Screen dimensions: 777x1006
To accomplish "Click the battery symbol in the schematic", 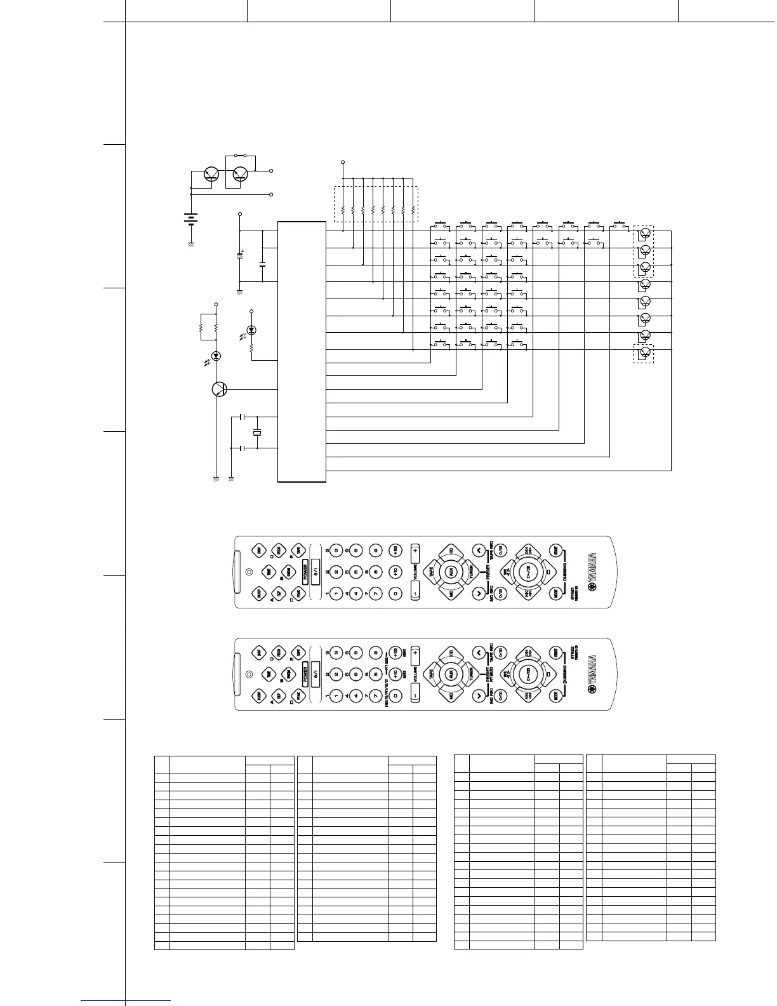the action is (x=190, y=219).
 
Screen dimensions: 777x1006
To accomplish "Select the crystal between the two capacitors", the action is (x=256, y=433).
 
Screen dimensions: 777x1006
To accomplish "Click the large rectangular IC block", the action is (x=302, y=351).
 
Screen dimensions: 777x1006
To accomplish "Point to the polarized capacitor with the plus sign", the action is (x=240, y=255).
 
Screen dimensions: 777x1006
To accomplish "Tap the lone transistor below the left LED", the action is (x=220, y=389).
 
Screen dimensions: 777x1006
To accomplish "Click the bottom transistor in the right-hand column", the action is (x=646, y=352).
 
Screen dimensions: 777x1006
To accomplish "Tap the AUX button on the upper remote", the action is (x=451, y=572).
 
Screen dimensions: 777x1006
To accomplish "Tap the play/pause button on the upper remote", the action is (x=527, y=572).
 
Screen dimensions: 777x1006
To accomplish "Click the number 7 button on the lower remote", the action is (x=376, y=694).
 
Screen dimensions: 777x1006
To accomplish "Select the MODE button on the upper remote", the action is (x=556, y=594).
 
